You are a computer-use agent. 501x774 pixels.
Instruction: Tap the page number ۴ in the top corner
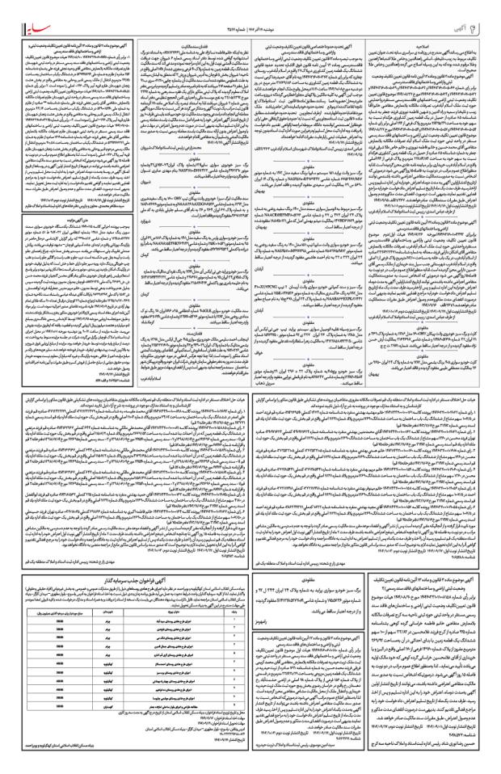coord(490,11)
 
